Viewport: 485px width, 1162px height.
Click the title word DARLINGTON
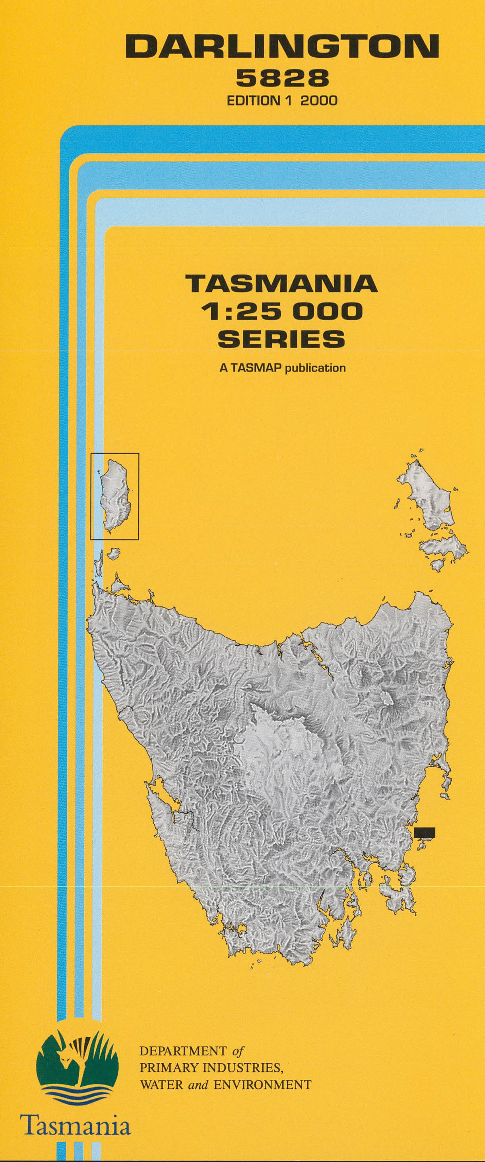pos(282,47)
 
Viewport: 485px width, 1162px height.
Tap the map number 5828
pos(282,80)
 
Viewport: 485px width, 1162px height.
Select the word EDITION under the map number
pos(253,100)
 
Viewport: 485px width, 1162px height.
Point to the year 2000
pos(319,100)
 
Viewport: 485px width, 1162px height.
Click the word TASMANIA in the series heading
pos(282,283)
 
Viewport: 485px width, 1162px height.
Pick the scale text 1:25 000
pos(282,311)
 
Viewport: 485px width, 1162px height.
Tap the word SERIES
pos(282,339)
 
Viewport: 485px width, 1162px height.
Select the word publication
pos(316,368)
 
